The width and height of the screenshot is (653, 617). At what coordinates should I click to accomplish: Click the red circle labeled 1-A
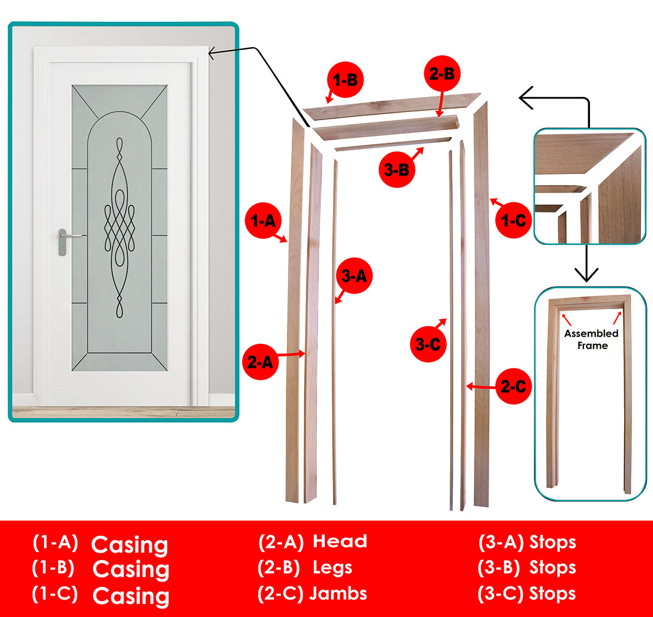263,220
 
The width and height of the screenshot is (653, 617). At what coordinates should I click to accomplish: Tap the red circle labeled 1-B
344,80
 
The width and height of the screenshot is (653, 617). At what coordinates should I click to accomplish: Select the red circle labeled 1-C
513,220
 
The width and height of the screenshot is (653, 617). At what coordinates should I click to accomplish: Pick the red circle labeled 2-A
260,362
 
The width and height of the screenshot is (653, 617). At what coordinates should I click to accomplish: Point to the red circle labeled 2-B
441,73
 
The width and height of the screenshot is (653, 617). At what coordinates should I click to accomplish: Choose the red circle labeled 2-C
513,386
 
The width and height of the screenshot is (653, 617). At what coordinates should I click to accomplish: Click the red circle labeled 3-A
354,276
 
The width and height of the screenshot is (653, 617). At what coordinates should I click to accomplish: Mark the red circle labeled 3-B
397,170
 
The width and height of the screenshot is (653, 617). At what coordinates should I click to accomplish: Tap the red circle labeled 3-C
428,344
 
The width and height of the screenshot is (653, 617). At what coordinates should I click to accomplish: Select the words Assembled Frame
592,340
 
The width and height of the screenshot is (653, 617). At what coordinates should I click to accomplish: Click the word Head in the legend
340,541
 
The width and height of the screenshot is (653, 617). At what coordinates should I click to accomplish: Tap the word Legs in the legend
332,567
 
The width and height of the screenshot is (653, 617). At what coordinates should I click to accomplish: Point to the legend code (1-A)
55,542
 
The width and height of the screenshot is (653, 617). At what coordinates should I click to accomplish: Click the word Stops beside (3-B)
552,567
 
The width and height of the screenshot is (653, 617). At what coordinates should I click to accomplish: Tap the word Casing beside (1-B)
131,569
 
